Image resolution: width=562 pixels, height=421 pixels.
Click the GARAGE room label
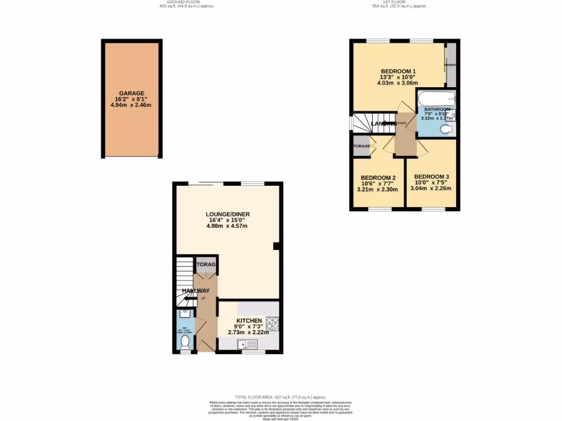click(x=132, y=94)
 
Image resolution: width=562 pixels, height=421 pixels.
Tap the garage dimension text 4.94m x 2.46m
click(x=132, y=105)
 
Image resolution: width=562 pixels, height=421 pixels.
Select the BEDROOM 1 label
click(x=398, y=71)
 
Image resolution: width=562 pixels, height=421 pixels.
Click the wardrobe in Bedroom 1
click(x=451, y=65)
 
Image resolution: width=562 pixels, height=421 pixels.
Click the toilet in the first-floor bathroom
click(x=447, y=129)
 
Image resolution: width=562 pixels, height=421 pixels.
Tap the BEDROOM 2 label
click(x=378, y=178)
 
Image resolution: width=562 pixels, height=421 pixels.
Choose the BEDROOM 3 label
click(x=431, y=177)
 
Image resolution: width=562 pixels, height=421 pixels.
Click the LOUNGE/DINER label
click(x=227, y=214)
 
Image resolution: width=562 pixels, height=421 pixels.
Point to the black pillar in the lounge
click(x=277, y=247)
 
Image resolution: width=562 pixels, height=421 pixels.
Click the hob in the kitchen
click(x=272, y=323)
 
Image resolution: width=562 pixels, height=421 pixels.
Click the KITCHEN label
click(x=249, y=321)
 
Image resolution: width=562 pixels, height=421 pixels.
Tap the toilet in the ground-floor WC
click(x=185, y=342)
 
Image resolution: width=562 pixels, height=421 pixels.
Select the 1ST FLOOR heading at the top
click(x=398, y=2)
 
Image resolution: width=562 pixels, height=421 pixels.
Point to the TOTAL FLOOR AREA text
click(x=280, y=397)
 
